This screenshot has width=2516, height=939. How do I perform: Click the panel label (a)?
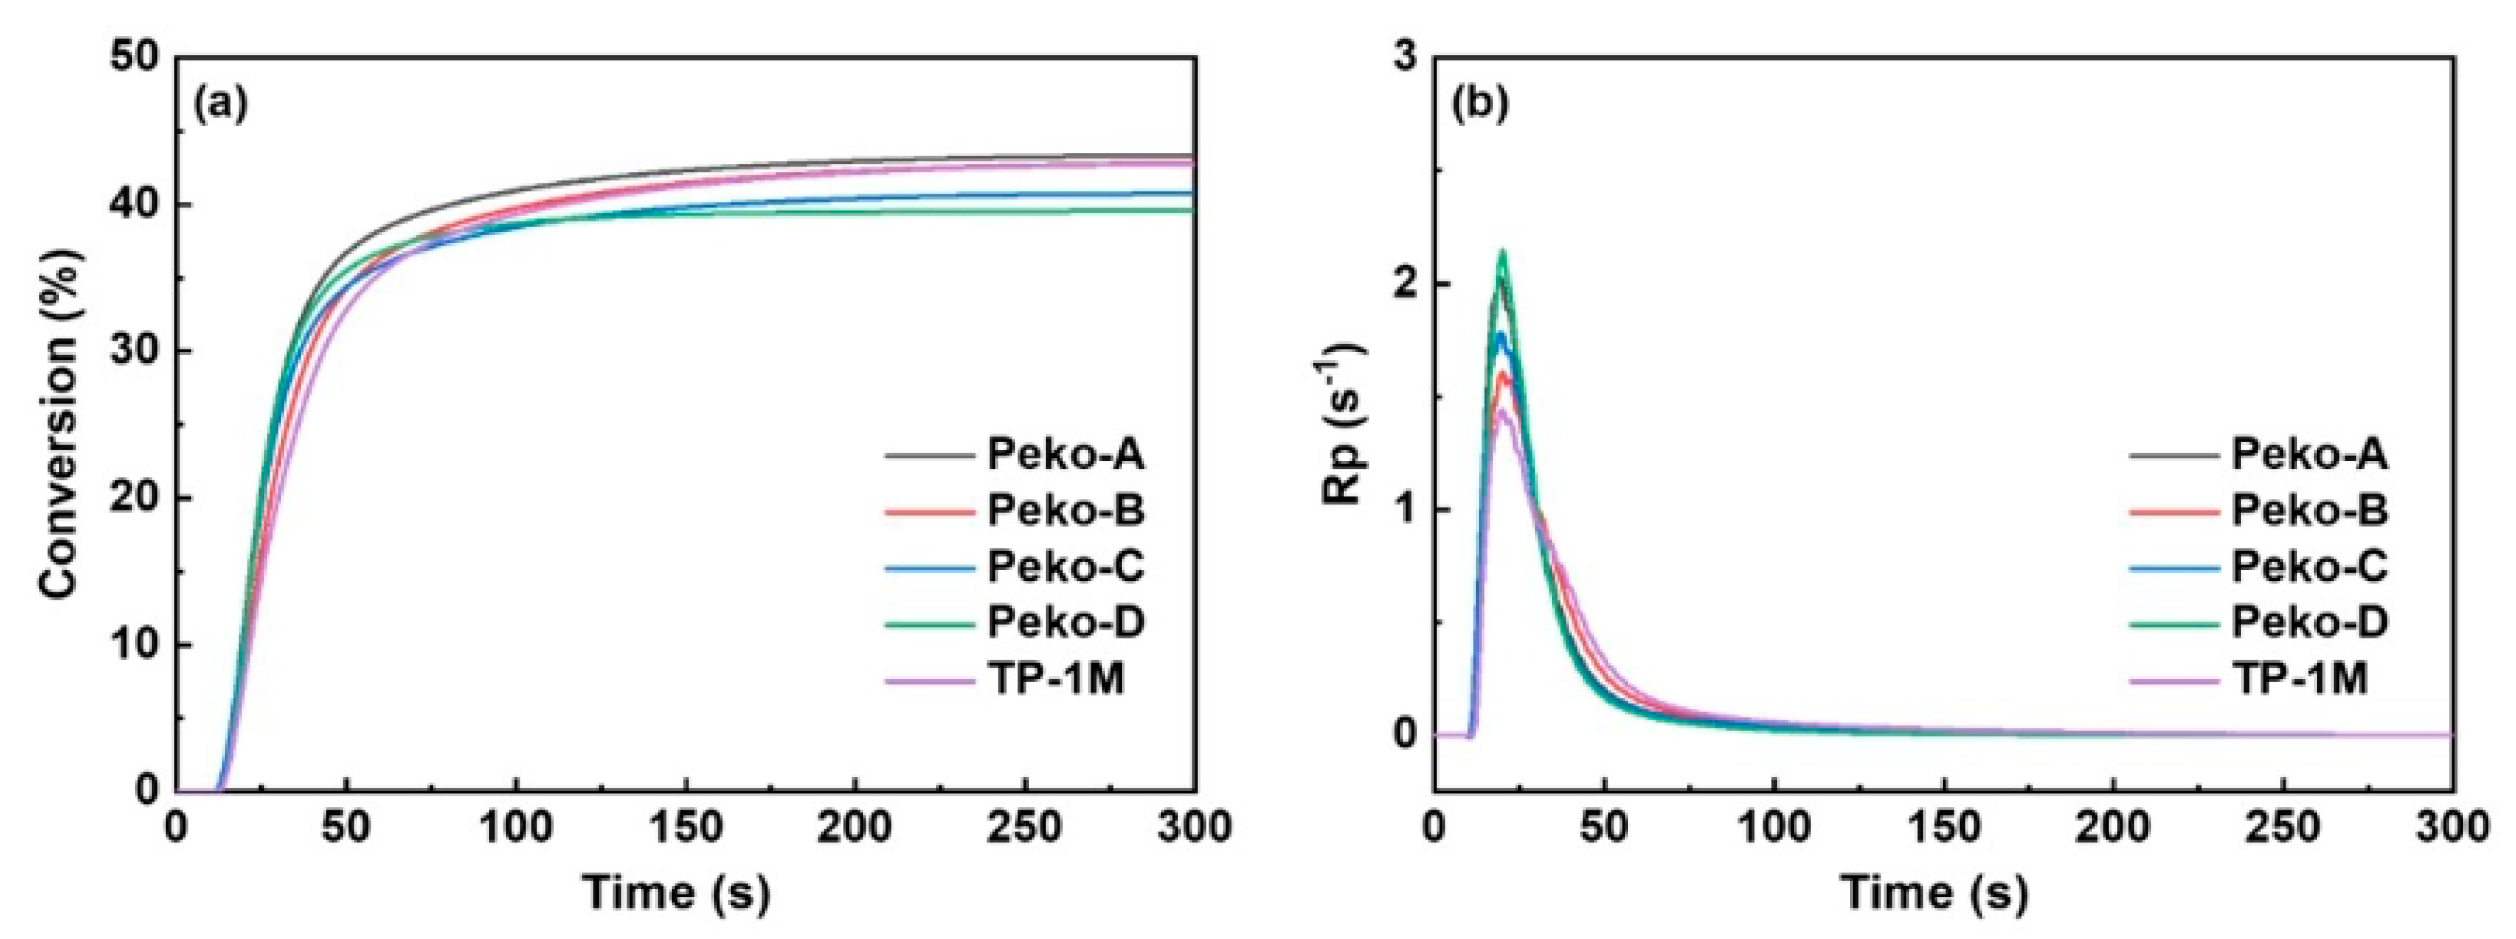[x=221, y=104]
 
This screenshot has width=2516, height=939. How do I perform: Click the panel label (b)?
[x=1481, y=104]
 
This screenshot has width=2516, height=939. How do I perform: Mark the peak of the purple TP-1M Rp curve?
[x=1502, y=411]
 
